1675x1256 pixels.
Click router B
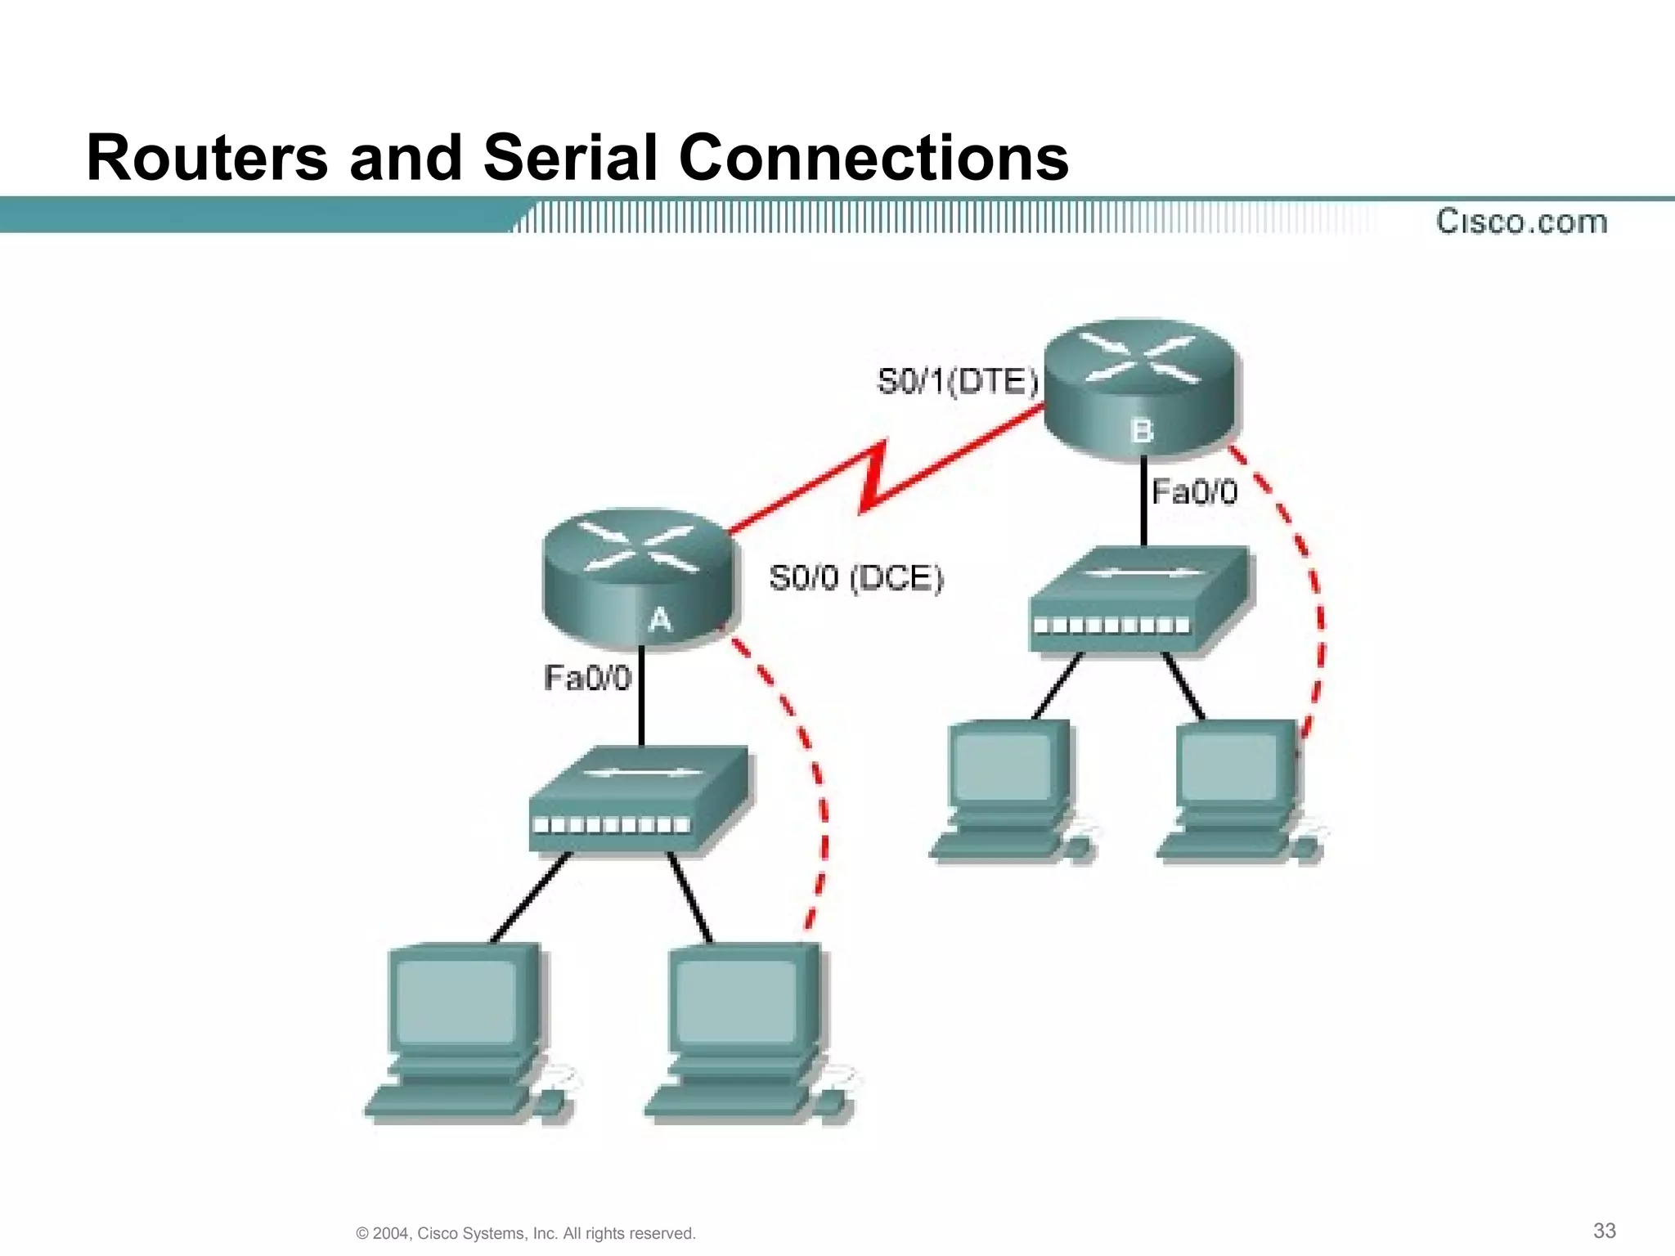pyautogui.click(x=1142, y=388)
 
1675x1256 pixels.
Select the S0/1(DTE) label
pyautogui.click(x=957, y=382)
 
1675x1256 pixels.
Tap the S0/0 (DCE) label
pyautogui.click(x=855, y=579)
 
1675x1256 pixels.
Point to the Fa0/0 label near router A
pyautogui.click(x=587, y=678)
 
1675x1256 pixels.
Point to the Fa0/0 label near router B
pyautogui.click(x=1194, y=492)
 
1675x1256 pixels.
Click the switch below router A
pyautogui.click(x=639, y=801)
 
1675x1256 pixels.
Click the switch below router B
pyautogui.click(x=1139, y=599)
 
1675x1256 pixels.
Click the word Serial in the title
pyautogui.click(x=570, y=157)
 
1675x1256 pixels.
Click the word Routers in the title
pyautogui.click(x=207, y=157)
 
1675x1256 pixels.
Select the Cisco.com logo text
pyautogui.click(x=1521, y=222)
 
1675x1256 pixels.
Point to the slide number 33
pyautogui.click(x=1604, y=1231)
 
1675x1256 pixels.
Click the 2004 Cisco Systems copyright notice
pyautogui.click(x=526, y=1233)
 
